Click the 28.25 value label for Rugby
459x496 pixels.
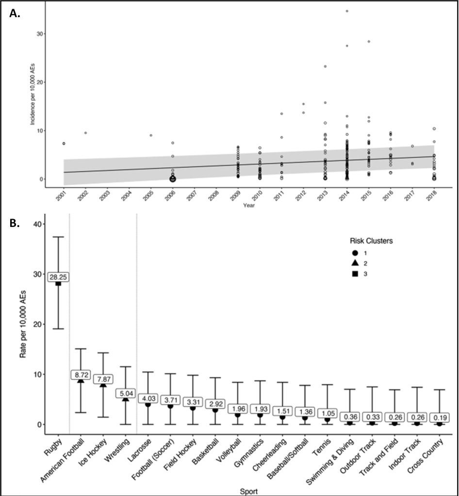click(58, 277)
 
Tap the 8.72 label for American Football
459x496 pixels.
click(81, 375)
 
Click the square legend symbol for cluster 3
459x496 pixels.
click(355, 274)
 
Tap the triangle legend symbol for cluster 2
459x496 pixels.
click(355, 263)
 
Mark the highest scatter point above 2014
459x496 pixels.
click(347, 11)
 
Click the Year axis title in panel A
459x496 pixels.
click(249, 206)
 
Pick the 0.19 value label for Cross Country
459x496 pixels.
click(440, 417)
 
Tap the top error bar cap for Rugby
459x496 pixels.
click(58, 237)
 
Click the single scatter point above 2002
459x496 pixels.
click(85, 133)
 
